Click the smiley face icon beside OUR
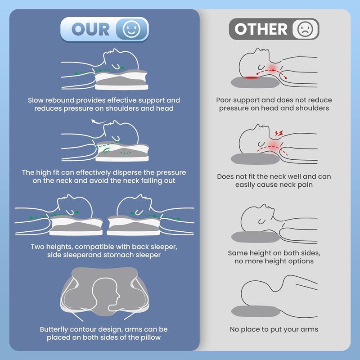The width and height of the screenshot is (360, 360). pos(131,29)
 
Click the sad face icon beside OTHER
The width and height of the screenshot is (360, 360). pos(305,29)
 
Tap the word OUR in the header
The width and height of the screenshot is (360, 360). pos(90,29)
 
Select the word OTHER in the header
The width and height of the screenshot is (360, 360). pos(261,29)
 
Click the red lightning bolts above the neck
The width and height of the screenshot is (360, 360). pos(279,133)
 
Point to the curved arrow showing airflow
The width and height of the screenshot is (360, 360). pos(98,121)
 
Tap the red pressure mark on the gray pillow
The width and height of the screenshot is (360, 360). pos(251,77)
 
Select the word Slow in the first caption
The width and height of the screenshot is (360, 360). pos(36,100)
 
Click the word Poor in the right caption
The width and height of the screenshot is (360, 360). pos(223,100)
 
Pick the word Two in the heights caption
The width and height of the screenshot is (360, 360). pos(37,247)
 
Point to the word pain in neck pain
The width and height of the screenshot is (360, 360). pos(305,185)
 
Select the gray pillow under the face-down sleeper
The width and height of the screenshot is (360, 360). pos(255,311)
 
